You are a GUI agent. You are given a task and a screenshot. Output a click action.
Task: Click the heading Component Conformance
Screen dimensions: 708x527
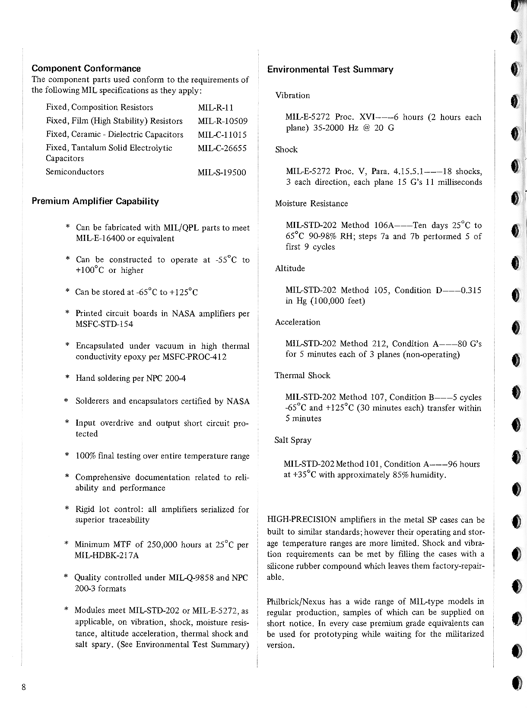(x=86, y=69)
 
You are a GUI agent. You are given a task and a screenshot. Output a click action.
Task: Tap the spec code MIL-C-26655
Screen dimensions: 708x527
(x=222, y=149)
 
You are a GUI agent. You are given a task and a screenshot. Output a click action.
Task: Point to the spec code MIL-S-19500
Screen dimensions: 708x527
(x=222, y=173)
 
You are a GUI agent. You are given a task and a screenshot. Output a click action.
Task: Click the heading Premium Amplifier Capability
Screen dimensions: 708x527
(x=95, y=202)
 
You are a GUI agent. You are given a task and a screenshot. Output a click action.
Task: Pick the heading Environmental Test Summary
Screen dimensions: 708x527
(x=330, y=70)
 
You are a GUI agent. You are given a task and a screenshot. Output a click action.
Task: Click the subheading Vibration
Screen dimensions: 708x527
(x=292, y=95)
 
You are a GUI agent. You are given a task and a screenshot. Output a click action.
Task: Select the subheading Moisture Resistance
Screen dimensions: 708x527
(x=311, y=203)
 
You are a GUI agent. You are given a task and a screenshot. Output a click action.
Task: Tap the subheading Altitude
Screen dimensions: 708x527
(x=290, y=269)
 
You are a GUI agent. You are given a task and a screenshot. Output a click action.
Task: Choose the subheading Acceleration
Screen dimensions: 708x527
(x=298, y=322)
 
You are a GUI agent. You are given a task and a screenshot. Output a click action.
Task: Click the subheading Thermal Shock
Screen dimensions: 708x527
(x=302, y=376)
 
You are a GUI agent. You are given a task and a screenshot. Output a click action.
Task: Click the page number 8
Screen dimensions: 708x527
(x=24, y=687)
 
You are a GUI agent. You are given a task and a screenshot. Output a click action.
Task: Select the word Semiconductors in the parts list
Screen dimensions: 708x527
(x=75, y=172)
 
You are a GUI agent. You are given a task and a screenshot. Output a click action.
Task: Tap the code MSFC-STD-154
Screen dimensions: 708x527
(x=104, y=324)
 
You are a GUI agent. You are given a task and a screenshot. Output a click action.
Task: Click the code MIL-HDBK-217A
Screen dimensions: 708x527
(x=107, y=556)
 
